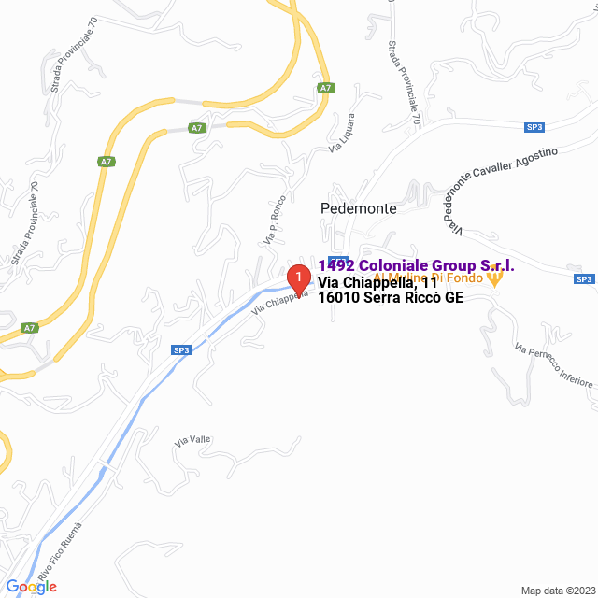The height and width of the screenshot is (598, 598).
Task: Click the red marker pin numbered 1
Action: (x=297, y=278)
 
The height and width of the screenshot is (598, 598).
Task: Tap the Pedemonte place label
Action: (x=358, y=208)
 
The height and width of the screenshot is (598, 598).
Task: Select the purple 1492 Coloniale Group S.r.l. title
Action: (x=417, y=266)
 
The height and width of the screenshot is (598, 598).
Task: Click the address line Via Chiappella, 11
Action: (x=377, y=283)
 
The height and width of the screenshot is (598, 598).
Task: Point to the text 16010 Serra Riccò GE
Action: (x=391, y=298)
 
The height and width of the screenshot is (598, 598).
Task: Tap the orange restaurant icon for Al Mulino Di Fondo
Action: (x=495, y=277)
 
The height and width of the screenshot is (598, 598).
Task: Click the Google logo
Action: (x=31, y=587)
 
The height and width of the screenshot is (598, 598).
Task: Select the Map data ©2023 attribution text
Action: (x=557, y=590)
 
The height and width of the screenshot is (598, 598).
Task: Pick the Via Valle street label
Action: (x=192, y=439)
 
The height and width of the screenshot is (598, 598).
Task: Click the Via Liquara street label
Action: (x=342, y=133)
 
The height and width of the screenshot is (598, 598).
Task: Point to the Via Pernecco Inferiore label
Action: (x=553, y=365)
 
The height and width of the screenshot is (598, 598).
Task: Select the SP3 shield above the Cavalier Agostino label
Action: (x=534, y=127)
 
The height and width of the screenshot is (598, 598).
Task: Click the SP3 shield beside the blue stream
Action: (x=181, y=350)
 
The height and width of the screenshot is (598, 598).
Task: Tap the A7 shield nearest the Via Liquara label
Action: (x=325, y=88)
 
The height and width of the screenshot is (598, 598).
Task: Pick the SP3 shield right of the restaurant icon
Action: (x=584, y=278)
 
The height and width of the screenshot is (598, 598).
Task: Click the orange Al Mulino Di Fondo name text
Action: (x=428, y=278)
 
